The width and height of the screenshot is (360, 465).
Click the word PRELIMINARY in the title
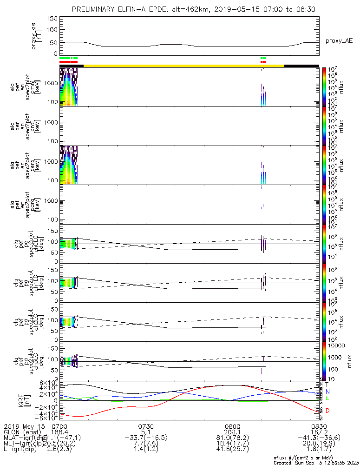tap(95, 10)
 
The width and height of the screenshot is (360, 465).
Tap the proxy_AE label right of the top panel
tap(339, 41)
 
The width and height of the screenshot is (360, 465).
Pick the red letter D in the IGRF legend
tap(327, 411)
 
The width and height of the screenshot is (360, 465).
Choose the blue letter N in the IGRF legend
tap(327, 392)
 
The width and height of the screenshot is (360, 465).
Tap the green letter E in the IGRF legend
tap(327, 399)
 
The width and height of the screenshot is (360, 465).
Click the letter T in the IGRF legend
tap(327, 385)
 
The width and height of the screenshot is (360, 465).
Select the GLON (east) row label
tap(22, 432)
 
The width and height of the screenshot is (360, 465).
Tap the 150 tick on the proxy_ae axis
tap(52, 19)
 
